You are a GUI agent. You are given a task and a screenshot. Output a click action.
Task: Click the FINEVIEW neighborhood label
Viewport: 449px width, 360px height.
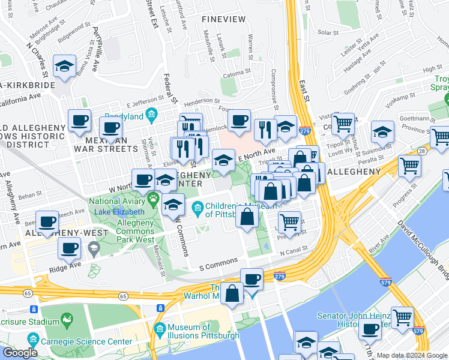[x=224, y=19]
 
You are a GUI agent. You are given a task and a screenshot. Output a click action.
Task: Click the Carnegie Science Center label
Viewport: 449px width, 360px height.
[x=95, y=341]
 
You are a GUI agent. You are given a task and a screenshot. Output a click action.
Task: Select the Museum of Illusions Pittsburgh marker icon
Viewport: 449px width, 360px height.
[x=160, y=329]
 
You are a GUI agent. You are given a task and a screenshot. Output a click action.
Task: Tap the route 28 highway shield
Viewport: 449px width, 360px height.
[x=423, y=152]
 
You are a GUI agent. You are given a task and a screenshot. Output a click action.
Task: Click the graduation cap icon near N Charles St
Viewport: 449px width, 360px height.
[x=64, y=68]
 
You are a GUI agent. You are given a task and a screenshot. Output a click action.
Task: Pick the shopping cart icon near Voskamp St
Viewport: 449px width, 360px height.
[x=343, y=124]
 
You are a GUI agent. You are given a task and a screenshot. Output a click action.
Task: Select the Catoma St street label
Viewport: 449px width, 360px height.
[x=237, y=75]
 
